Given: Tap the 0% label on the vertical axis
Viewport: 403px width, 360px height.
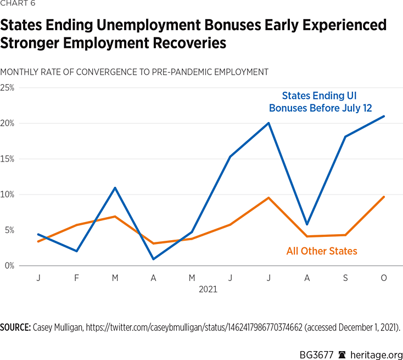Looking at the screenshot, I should [x=7, y=265].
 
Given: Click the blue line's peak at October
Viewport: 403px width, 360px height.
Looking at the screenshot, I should [x=384, y=116].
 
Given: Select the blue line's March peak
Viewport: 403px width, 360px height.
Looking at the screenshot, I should [x=115, y=188].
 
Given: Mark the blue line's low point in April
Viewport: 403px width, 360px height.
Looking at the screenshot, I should [x=153, y=259].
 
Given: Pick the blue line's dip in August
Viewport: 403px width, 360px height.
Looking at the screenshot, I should [x=307, y=224].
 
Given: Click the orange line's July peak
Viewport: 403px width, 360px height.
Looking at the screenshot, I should [x=268, y=197].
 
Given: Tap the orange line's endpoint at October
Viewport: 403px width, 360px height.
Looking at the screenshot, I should [x=384, y=197].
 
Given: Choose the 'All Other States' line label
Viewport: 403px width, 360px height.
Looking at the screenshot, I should [x=322, y=251].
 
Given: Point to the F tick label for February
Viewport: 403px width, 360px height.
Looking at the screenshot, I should [x=76, y=278].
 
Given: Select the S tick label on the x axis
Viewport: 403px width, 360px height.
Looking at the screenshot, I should [x=345, y=278].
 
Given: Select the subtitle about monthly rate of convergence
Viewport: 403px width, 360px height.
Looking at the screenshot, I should [x=135, y=72].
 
